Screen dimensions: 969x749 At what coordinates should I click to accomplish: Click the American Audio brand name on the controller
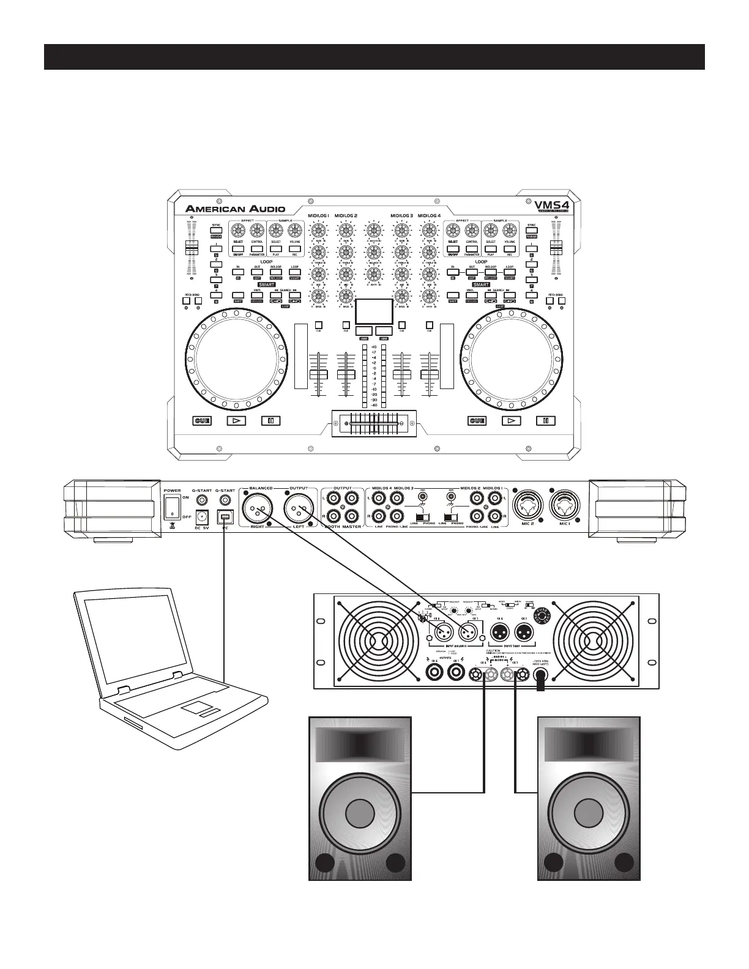236,209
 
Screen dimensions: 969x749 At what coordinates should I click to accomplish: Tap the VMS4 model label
548,206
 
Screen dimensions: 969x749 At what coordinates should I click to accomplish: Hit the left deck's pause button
270,420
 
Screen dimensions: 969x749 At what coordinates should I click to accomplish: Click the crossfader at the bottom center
374,421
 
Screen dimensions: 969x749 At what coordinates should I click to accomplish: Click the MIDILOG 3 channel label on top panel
401,216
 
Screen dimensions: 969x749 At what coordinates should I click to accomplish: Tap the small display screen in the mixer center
374,312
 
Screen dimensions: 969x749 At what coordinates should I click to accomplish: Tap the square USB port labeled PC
225,518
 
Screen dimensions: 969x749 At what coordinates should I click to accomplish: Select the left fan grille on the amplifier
374,640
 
